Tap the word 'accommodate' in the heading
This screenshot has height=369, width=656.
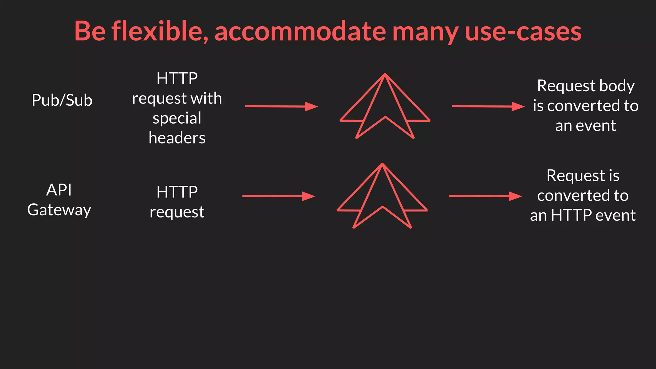(x=300, y=31)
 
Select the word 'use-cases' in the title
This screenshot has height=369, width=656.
(x=523, y=31)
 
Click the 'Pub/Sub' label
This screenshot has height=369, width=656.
(x=62, y=100)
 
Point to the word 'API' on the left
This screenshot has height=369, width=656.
(x=59, y=190)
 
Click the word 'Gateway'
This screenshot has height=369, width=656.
(x=59, y=210)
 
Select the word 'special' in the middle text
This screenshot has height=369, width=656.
(x=177, y=118)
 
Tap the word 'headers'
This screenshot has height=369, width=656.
(x=177, y=138)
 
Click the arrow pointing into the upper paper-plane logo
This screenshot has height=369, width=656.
(x=281, y=106)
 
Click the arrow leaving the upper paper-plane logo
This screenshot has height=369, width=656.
(x=488, y=106)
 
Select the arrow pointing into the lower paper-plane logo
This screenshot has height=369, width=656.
(x=279, y=196)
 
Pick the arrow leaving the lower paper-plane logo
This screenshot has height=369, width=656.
(x=485, y=196)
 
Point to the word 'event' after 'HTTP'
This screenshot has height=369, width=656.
(x=615, y=215)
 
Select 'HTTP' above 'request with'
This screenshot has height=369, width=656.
(x=177, y=78)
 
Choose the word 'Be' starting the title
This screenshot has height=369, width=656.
(x=90, y=31)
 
